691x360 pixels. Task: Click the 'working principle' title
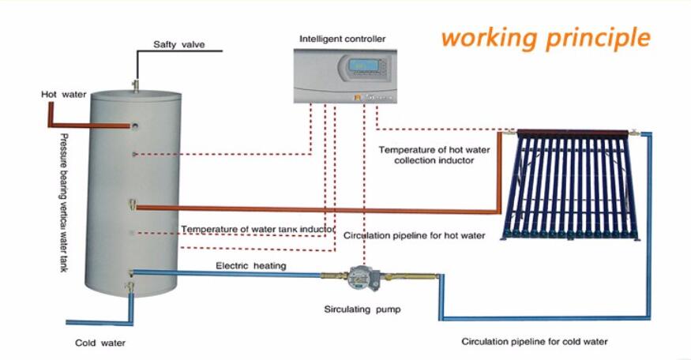(x=545, y=37)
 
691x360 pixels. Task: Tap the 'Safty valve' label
(x=179, y=44)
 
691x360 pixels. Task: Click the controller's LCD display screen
(x=363, y=64)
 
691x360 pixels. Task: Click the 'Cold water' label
(x=100, y=343)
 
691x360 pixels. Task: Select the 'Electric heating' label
(x=251, y=266)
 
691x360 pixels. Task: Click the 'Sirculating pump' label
(x=362, y=309)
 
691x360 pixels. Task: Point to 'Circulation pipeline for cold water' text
(x=535, y=341)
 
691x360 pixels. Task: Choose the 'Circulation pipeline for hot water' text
(x=415, y=235)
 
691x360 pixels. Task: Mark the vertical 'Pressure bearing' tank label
(x=63, y=202)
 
